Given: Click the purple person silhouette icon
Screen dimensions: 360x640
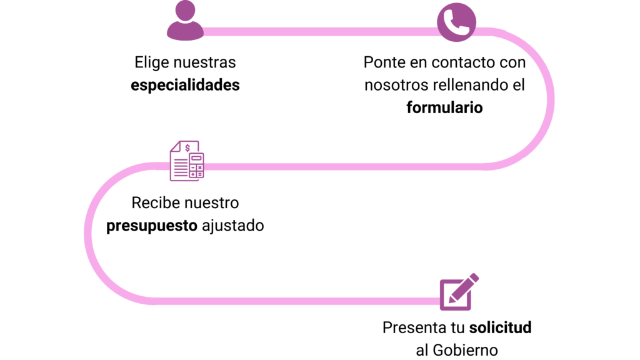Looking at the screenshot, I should click(185, 21).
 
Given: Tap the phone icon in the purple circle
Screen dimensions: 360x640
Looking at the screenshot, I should click(456, 22).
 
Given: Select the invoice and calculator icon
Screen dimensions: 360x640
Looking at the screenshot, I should click(187, 161).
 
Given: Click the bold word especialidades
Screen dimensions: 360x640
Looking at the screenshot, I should click(185, 85).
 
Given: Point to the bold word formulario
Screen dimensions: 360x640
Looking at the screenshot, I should click(444, 107).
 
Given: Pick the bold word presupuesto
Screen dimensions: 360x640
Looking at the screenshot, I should click(152, 225).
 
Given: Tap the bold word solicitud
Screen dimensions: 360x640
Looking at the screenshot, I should click(501, 327).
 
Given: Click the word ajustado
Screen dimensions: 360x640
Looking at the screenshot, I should click(232, 225).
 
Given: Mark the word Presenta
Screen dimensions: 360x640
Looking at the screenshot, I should click(413, 327).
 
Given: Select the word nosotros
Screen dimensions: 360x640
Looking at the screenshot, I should click(396, 85).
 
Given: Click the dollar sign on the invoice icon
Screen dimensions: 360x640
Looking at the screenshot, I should click(187, 148).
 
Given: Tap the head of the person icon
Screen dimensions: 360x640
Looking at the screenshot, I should click(185, 10).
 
